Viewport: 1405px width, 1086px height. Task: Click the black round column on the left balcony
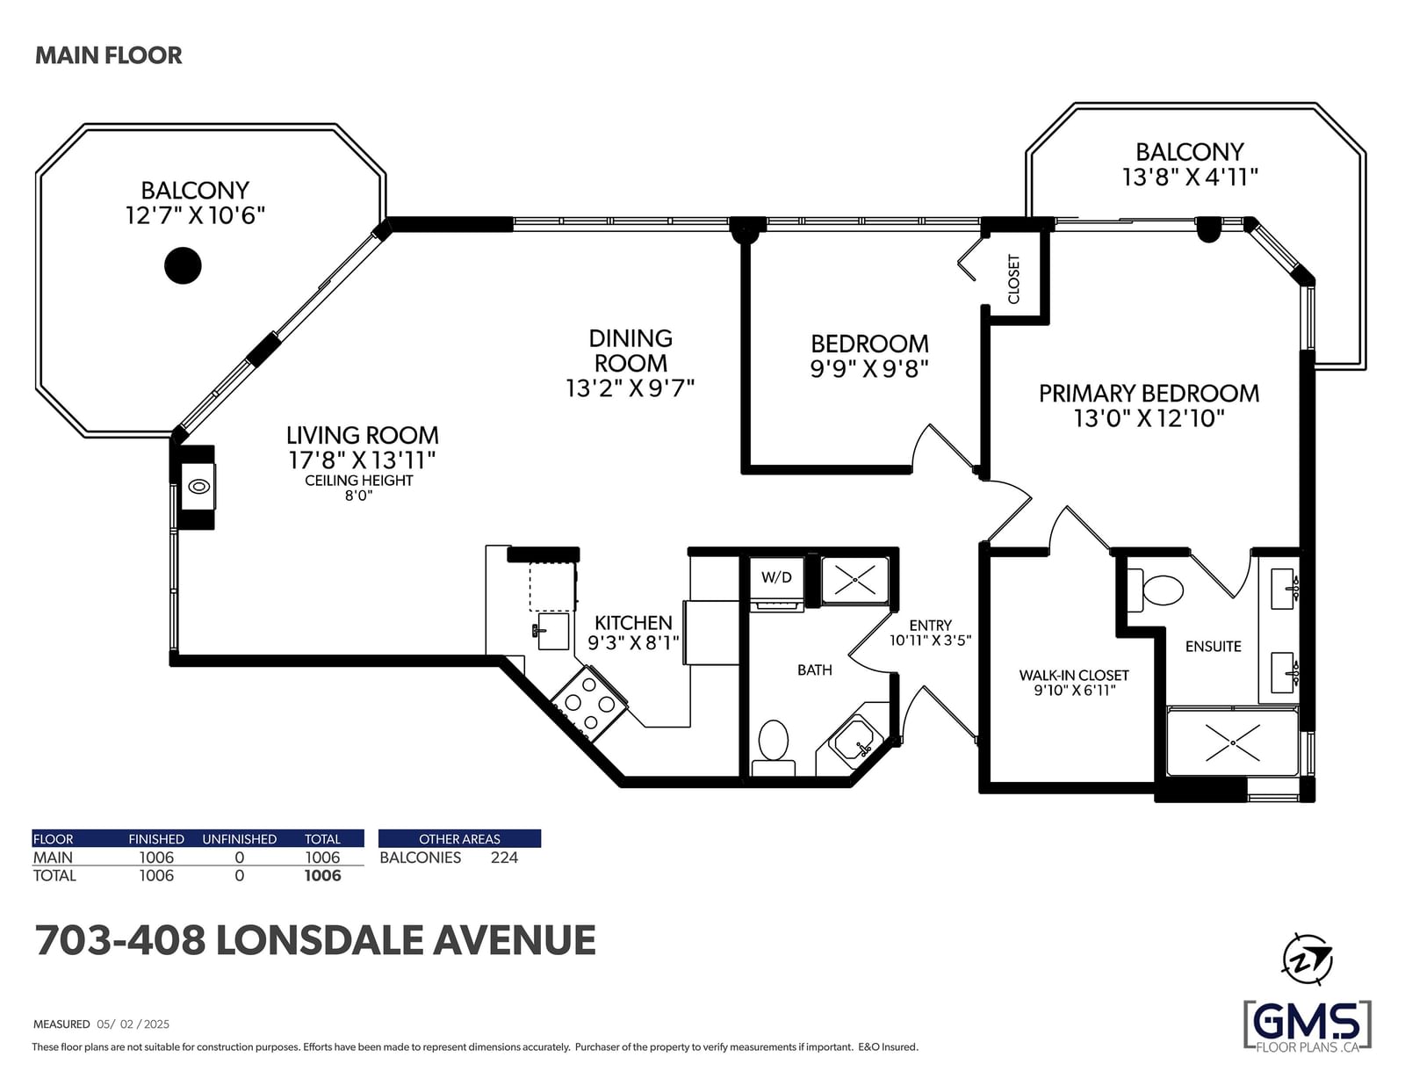point(183,265)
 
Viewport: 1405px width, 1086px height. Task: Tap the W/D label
point(776,577)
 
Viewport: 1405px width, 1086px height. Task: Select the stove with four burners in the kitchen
point(588,704)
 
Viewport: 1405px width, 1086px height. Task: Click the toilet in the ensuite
point(1156,590)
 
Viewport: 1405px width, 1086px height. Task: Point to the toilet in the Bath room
point(774,748)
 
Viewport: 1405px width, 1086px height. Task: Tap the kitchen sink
point(551,631)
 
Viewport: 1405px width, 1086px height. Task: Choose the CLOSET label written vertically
point(1014,279)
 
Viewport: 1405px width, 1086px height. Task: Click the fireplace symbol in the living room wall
point(198,487)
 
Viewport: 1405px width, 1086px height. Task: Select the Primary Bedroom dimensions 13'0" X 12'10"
point(1149,418)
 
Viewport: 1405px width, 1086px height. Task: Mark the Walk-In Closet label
point(1074,676)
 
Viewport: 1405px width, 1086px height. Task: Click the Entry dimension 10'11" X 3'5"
point(931,641)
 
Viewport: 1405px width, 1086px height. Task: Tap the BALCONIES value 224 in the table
point(504,858)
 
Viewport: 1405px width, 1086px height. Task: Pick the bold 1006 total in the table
point(322,876)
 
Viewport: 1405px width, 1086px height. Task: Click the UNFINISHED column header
point(239,839)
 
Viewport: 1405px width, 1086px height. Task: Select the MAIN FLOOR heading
point(109,55)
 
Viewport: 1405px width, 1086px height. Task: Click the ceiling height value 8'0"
point(359,496)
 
